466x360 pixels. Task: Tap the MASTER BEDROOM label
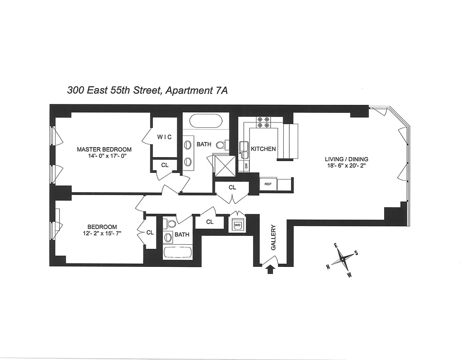tap(104, 150)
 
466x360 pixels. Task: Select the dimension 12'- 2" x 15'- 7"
tap(102, 234)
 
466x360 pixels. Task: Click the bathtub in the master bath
tap(206, 121)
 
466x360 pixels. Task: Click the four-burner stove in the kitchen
tap(263, 122)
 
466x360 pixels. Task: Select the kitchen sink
tap(244, 149)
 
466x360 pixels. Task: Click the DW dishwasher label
tap(246, 166)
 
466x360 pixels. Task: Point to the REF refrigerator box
tap(268, 184)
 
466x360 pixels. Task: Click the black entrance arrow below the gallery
tap(270, 269)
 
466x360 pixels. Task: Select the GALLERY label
tap(273, 238)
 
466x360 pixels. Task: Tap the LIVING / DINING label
tap(347, 159)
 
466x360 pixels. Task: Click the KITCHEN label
tap(263, 149)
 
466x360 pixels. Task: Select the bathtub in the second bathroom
tap(178, 252)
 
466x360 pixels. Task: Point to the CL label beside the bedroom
tap(150, 233)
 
